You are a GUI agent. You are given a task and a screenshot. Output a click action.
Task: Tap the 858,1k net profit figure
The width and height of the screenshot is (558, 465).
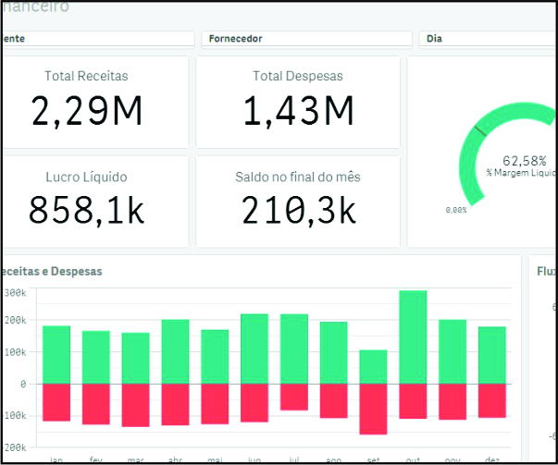pos(87,210)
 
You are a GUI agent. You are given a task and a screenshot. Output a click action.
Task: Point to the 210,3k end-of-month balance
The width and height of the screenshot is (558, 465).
pos(299,210)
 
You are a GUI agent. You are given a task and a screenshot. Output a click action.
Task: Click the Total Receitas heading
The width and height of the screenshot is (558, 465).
pos(87,76)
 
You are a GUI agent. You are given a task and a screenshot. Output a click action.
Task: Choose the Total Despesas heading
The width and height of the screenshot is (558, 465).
pos(298,76)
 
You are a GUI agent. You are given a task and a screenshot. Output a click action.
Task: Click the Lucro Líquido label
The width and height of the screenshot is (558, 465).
pos(86,177)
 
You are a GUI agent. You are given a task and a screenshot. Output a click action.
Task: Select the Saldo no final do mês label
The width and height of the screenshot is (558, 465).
pos(298,177)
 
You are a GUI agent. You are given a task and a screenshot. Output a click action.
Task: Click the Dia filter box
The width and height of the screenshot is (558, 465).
pos(486,39)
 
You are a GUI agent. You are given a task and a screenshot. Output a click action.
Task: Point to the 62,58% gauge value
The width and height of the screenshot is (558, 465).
pos(524,160)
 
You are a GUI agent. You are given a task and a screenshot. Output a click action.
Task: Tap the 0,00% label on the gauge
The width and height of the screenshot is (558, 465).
pos(456,211)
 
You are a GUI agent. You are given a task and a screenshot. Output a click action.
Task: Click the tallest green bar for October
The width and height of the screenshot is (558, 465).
pos(413,337)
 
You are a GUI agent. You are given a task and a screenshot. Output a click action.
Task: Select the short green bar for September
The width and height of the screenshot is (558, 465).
pos(373,366)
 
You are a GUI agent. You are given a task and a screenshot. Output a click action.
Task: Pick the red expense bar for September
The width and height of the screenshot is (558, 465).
pos(373,409)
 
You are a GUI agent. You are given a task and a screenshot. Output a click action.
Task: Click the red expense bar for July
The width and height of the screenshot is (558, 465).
pos(294,397)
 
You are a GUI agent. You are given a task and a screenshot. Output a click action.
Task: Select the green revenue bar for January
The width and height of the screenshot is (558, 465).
pos(56,354)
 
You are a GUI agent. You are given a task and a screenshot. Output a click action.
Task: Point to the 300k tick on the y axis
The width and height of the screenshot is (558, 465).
pos(16,292)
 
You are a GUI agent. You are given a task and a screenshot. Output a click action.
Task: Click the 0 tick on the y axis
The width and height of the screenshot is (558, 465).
pos(22,384)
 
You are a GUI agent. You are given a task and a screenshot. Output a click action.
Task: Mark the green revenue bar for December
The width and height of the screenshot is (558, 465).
pos(492,355)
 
